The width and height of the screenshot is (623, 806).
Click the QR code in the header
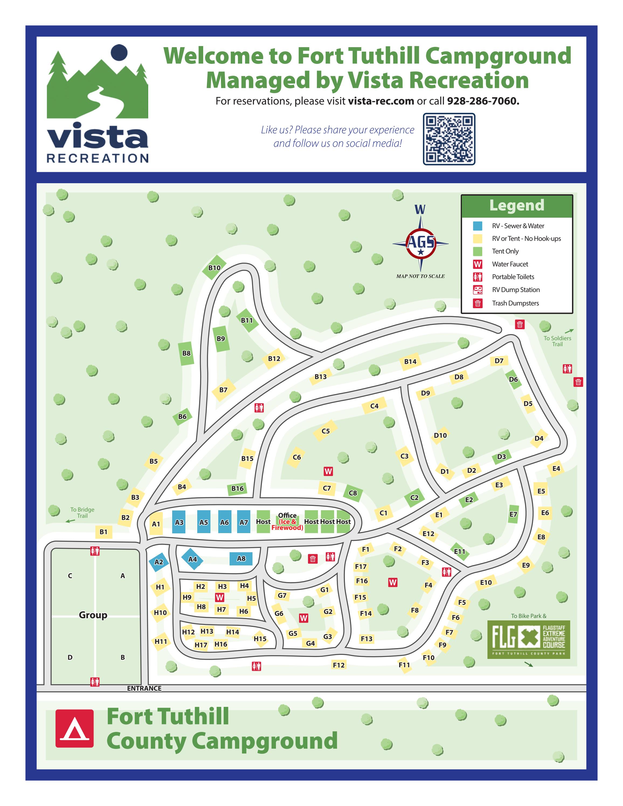pos(449,139)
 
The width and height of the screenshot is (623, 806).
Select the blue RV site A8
pos(241,558)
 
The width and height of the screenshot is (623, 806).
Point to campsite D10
pos(440,436)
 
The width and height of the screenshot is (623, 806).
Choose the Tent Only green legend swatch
pos(477,251)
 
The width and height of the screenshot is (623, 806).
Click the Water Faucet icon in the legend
pos(477,264)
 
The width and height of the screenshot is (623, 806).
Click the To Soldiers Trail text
pos(557,341)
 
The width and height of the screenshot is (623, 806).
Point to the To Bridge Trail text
pos(82,513)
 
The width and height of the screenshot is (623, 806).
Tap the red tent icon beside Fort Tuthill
pos(75,728)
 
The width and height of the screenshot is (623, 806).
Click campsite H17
pos(201,645)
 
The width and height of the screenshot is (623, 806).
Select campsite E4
pos(556,469)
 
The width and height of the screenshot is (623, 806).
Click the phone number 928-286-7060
pos(483,101)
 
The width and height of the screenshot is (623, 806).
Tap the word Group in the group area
pos(93,615)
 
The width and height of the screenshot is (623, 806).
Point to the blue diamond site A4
pos(193,559)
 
